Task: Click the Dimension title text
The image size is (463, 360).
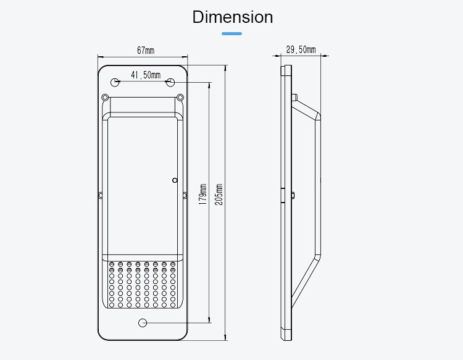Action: pos(232,17)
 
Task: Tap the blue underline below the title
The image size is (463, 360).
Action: pos(231,33)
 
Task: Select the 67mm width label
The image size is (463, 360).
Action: pos(146,50)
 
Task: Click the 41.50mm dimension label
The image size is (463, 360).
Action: pos(145,75)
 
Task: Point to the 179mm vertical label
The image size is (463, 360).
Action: pos(202,195)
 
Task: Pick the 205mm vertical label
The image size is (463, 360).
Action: pos(219,195)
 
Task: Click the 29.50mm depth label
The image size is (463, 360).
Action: pos(301,50)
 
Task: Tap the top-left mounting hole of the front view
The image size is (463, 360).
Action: pos(115,82)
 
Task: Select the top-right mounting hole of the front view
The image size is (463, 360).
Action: pos(169,82)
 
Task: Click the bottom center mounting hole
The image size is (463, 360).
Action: pos(143,322)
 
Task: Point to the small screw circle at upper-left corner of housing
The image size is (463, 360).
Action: pos(105,97)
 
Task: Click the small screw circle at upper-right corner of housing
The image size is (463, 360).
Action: pos(180,97)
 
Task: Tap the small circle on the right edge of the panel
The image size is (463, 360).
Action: pos(175,180)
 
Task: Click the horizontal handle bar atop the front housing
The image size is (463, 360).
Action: pos(143,115)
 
